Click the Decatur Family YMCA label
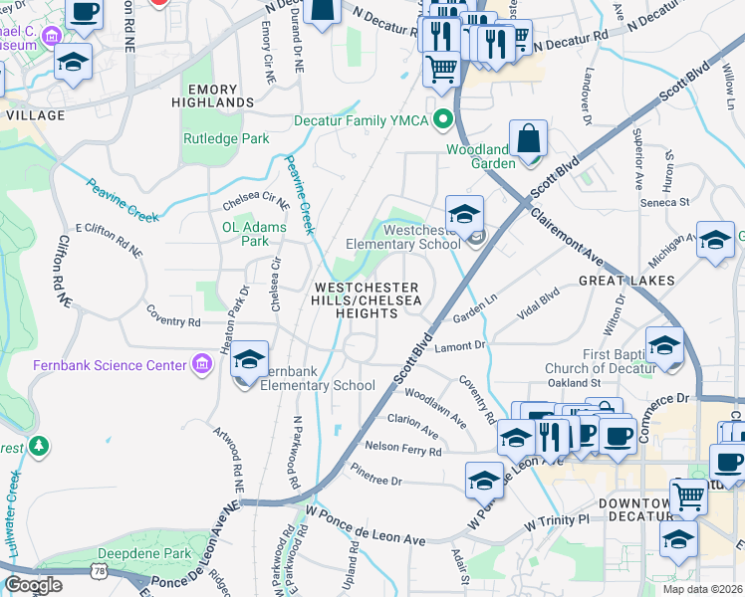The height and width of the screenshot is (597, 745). click(x=361, y=121)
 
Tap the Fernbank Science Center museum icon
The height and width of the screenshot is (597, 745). click(x=203, y=365)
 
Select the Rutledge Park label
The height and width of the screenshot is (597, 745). click(x=226, y=138)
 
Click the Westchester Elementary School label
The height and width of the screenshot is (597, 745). click(x=402, y=237)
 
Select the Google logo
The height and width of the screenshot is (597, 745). click(x=33, y=585)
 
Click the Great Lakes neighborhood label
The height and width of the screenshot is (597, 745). click(x=627, y=282)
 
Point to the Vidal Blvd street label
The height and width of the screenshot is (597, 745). click(x=538, y=298)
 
